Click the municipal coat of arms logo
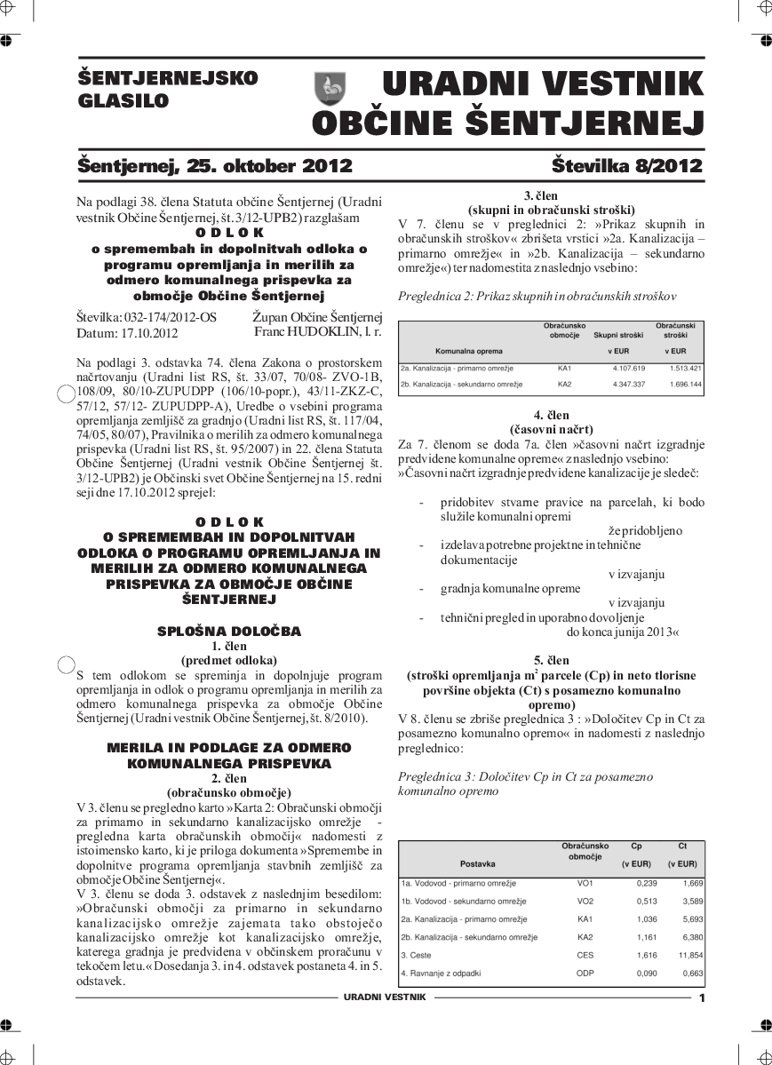(x=330, y=89)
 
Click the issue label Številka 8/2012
(x=626, y=166)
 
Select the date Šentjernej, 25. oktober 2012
(x=215, y=166)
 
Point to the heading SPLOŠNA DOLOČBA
(x=229, y=632)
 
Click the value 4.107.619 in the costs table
(x=628, y=368)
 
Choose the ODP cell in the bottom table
(x=585, y=974)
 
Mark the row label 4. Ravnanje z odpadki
(x=441, y=974)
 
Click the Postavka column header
(x=478, y=863)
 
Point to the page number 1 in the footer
(x=702, y=998)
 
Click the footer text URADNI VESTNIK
(x=385, y=997)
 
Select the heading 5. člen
(x=551, y=660)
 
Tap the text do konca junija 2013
(x=622, y=632)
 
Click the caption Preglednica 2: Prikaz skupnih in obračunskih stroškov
(x=537, y=296)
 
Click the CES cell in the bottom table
(x=585, y=955)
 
